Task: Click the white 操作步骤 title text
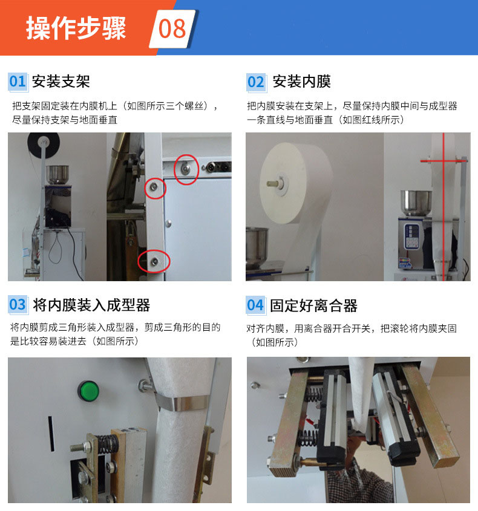click(76, 28)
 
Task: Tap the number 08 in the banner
click(172, 28)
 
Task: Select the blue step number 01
click(18, 82)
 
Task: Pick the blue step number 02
click(255, 82)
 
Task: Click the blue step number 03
click(18, 305)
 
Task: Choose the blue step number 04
click(255, 305)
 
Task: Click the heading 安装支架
click(61, 82)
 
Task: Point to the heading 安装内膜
click(302, 82)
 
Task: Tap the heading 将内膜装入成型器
click(91, 305)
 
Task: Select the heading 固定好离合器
click(313, 305)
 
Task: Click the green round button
click(88, 391)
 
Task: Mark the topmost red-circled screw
click(186, 168)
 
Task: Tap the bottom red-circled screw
click(154, 261)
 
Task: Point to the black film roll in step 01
click(44, 144)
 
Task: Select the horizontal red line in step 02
click(444, 161)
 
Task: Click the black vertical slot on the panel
click(51, 434)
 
